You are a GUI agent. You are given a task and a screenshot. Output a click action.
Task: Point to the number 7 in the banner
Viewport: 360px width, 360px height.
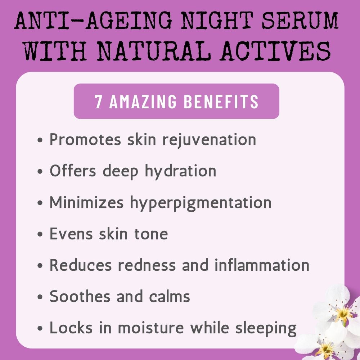point(98,102)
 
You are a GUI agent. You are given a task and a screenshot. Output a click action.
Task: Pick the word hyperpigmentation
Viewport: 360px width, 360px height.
point(201,203)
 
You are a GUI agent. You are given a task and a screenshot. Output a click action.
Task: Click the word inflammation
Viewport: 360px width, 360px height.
point(262,265)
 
